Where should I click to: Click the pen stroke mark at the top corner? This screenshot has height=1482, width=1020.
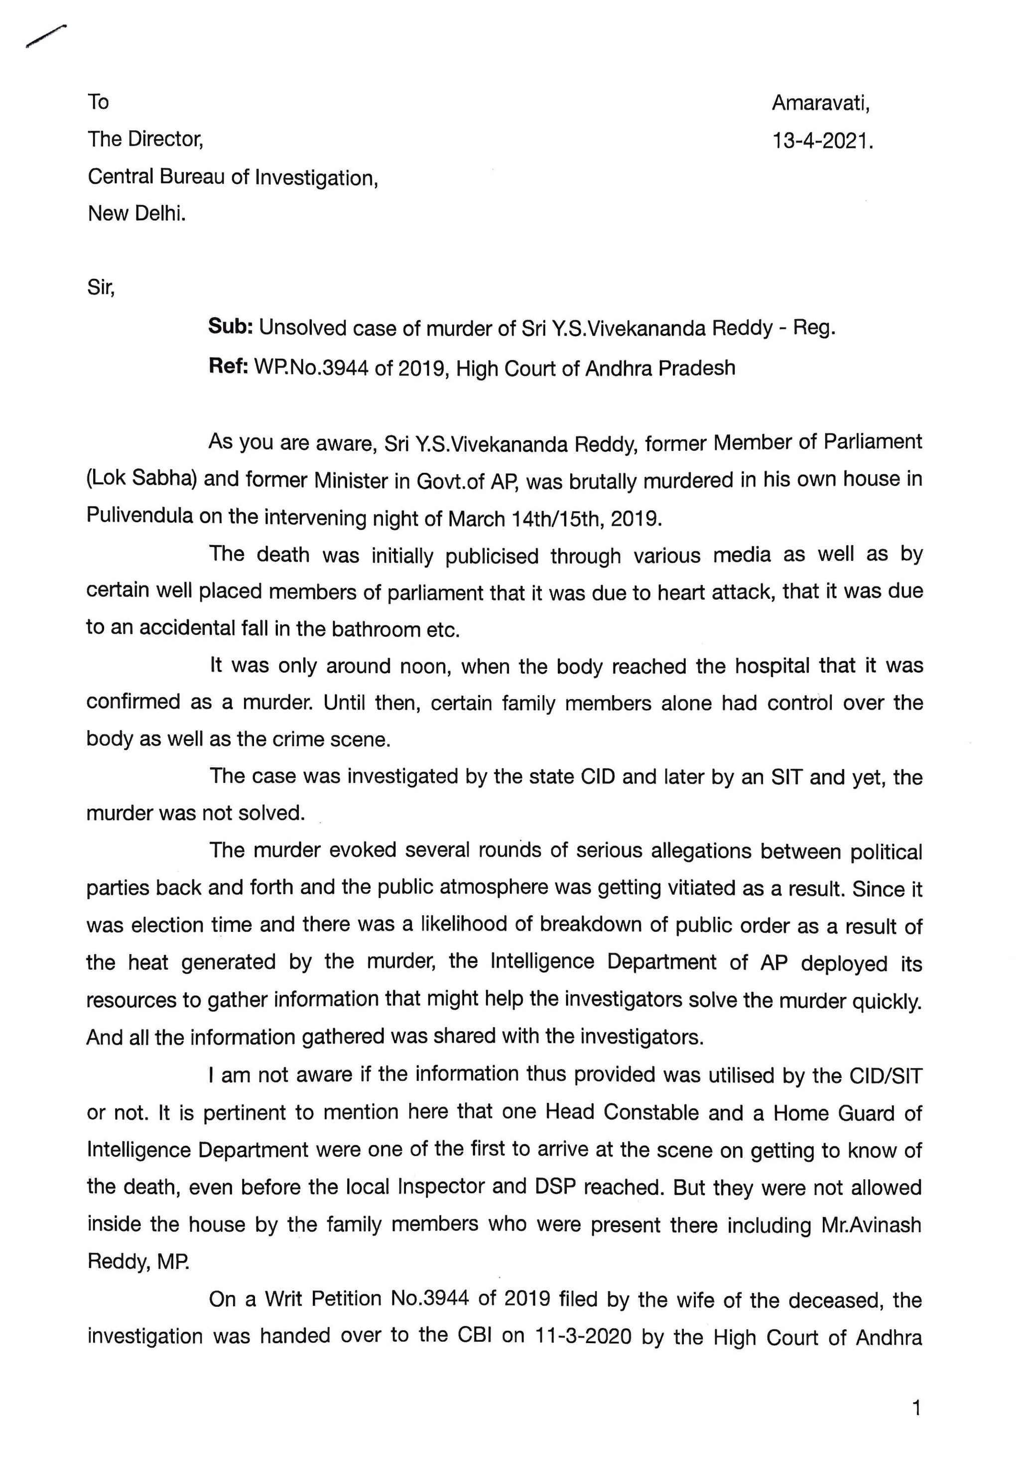coord(46,36)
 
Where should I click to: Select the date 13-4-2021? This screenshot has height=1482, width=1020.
coord(822,140)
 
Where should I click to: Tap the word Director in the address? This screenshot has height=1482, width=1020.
coord(164,138)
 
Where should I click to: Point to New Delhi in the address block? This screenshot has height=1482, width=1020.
coord(137,214)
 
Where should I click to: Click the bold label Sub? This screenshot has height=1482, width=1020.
coord(231,327)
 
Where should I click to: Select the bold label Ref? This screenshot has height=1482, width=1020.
coord(228,368)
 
